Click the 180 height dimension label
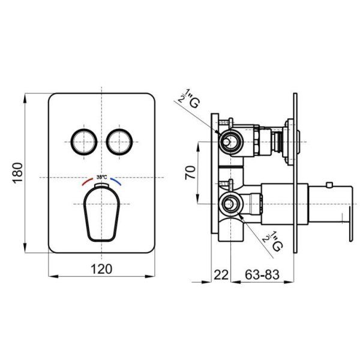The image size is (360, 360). pos(18,172)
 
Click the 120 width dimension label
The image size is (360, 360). pos(102,269)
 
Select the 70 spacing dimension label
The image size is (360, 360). pos(190,173)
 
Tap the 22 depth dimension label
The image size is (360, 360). pos(221,275)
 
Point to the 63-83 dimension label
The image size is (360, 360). pos(262,275)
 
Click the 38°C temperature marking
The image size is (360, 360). pos(102,177)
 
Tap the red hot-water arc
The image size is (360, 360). pos(87,181)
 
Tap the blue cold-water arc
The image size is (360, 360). pos(116,181)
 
